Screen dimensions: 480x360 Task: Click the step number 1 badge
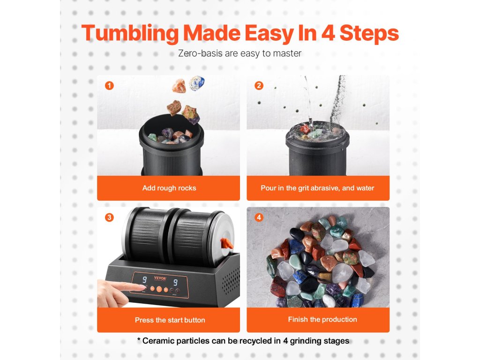coord(109,85)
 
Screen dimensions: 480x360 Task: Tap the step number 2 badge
coord(259,85)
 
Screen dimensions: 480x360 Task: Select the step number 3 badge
coord(109,217)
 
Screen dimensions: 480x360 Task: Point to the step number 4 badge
coord(259,217)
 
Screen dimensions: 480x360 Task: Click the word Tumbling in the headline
coord(130,34)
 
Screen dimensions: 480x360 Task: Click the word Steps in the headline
coord(369,34)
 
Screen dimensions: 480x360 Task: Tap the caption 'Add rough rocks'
coord(169,188)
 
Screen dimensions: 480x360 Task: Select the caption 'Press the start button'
coord(170,320)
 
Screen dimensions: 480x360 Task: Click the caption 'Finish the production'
coord(322,319)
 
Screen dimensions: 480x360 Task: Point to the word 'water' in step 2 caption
coord(365,188)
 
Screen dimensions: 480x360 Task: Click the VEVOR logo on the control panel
coord(160,278)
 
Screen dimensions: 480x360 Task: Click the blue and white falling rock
coord(196,83)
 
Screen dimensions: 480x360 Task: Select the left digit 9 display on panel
coord(144,279)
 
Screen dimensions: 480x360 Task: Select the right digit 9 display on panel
coord(175,282)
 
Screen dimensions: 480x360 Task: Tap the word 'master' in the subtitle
coord(287,53)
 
